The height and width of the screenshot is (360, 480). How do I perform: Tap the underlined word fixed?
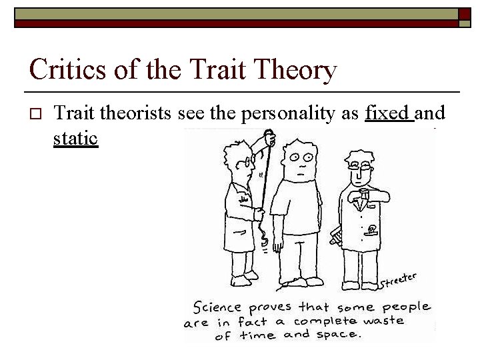pos(387,113)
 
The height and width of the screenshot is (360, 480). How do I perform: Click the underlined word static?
pos(75,139)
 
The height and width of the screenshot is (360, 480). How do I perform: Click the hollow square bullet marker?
pos(35,114)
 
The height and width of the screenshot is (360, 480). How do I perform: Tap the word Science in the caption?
pos(218,307)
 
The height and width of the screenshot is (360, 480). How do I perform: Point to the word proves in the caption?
pos(271,308)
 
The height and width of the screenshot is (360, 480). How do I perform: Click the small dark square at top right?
pos(465,13)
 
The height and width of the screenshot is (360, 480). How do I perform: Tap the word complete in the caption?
pos(331,321)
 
